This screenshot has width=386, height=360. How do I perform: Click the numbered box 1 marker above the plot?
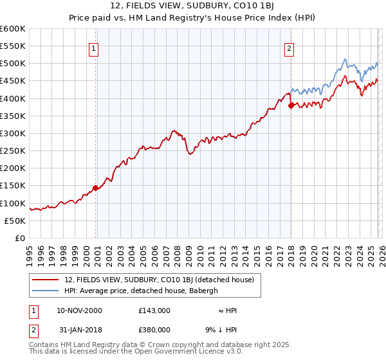pos(94,48)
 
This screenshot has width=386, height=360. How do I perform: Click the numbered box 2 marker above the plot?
pos(289,48)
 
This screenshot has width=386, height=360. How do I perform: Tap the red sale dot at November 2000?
pos(96,188)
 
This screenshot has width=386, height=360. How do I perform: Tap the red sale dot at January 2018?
pos(291,105)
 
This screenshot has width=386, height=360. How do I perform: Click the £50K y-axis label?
pos(15,221)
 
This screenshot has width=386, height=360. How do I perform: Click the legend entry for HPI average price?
pos(141,291)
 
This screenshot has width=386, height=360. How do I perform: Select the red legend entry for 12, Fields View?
pos(160,280)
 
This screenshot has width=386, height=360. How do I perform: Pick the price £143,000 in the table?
pos(154,310)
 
